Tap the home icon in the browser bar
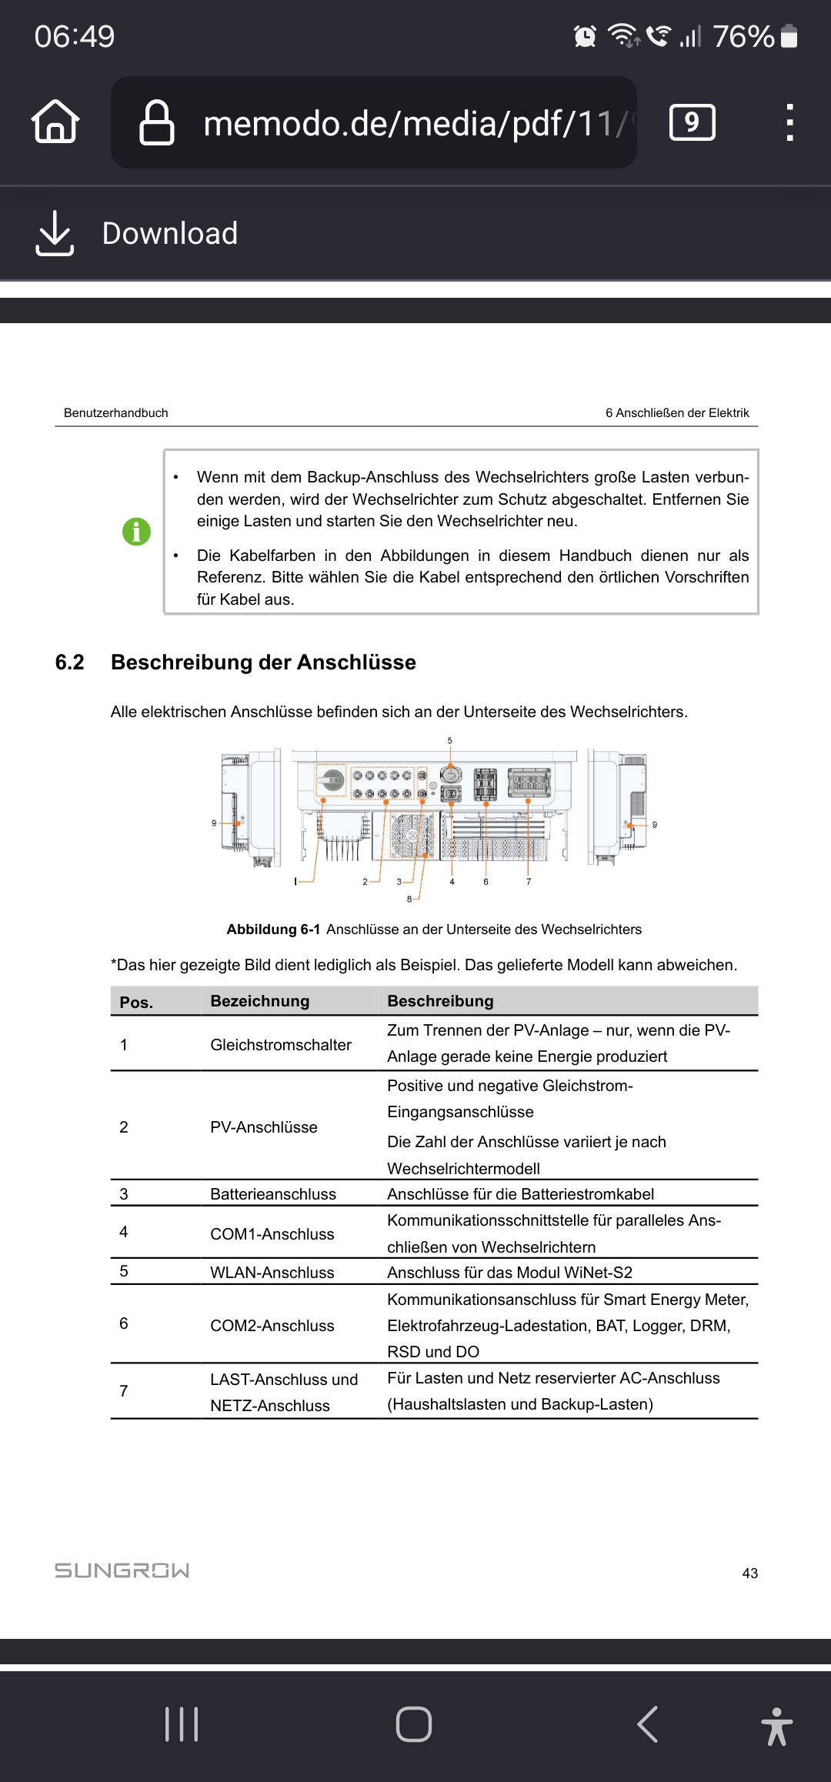(x=55, y=122)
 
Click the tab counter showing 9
(x=692, y=122)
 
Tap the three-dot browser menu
(x=789, y=122)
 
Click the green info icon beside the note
(x=136, y=532)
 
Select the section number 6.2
(x=69, y=662)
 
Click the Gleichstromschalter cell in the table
(x=280, y=1045)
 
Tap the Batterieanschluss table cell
(x=272, y=1194)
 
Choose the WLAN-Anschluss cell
(x=272, y=1273)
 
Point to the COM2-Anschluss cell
(x=272, y=1326)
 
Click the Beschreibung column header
(x=440, y=1001)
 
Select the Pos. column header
(x=136, y=1002)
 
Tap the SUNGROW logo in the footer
(x=122, y=1570)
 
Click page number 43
(x=749, y=1573)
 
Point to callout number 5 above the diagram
(x=450, y=741)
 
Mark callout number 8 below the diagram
(x=409, y=899)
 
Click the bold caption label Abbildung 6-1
(x=273, y=929)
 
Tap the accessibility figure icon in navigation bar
(x=776, y=1726)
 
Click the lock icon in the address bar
(x=156, y=122)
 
